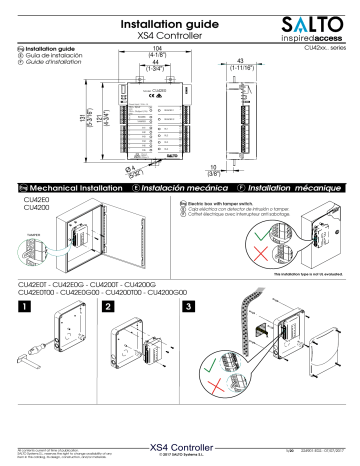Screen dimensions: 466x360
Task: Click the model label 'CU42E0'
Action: click(36, 200)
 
